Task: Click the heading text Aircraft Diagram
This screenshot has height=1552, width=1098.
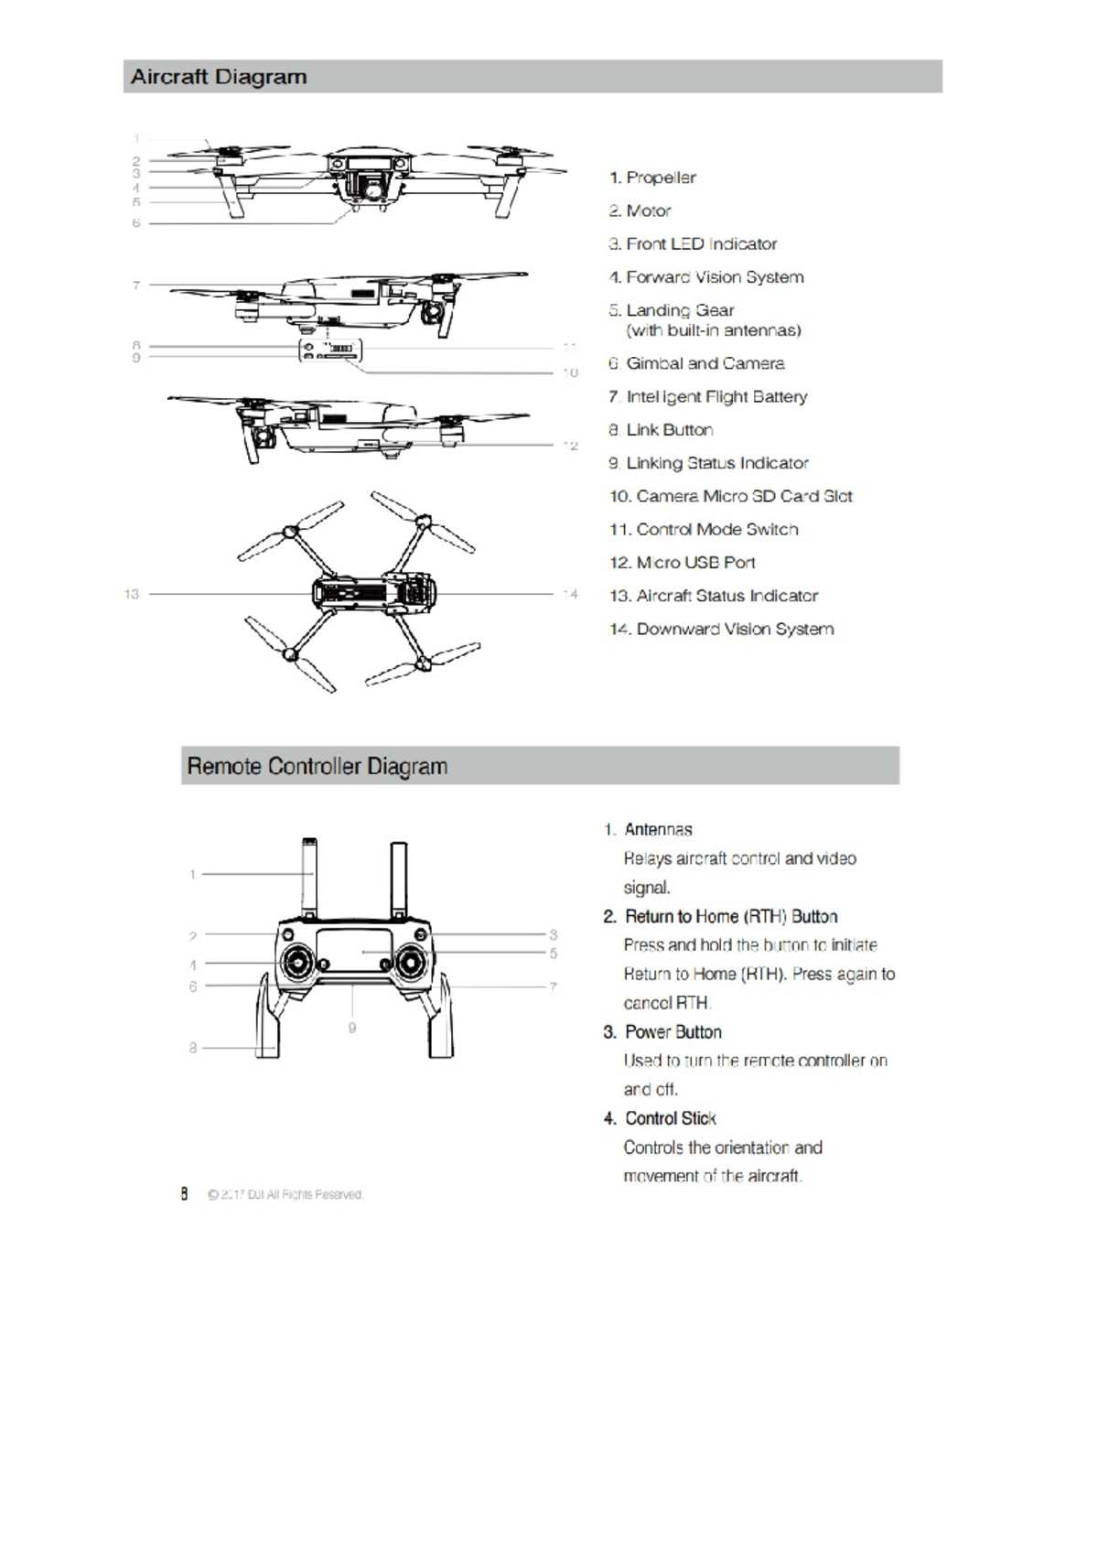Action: (219, 77)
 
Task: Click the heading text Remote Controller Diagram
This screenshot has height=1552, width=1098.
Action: (317, 766)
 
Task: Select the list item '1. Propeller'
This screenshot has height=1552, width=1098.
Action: (652, 178)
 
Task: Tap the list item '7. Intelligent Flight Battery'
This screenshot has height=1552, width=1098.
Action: (708, 396)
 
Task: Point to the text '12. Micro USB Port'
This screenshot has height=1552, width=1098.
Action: (683, 563)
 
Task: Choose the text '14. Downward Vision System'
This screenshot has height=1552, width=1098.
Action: (722, 629)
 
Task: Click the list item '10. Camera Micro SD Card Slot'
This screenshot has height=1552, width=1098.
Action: (731, 496)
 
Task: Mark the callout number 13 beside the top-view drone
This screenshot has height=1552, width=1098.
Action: (132, 594)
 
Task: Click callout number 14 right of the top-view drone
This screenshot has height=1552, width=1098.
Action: (571, 594)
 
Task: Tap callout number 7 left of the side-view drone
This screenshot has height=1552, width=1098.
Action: (136, 286)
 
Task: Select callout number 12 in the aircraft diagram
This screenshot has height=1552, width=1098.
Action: (571, 446)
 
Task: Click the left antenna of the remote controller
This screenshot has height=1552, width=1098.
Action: (308, 878)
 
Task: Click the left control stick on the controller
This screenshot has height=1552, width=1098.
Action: (297, 962)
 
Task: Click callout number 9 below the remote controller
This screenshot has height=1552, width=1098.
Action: (352, 1029)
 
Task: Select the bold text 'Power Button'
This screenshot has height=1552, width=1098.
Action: (673, 1031)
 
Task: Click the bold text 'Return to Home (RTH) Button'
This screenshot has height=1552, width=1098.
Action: (731, 916)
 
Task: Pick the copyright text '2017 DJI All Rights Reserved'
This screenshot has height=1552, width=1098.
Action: (285, 1194)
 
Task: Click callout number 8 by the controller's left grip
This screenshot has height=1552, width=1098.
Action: (193, 1048)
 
